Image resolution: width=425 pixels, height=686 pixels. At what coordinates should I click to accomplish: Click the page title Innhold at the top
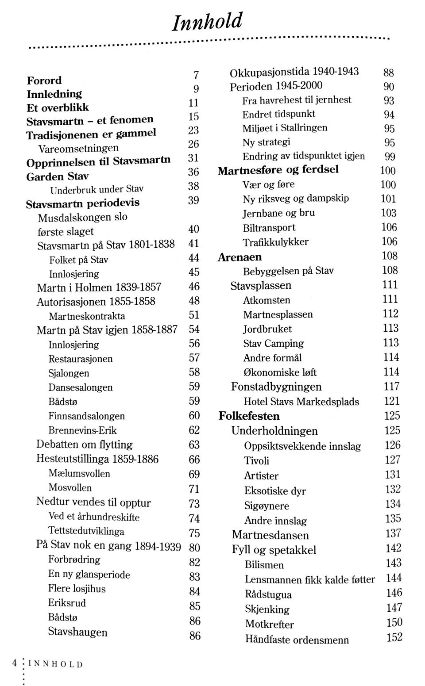207,21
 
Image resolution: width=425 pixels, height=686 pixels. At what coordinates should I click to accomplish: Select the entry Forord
44,80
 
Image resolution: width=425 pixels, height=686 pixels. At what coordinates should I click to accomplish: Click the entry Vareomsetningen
78,148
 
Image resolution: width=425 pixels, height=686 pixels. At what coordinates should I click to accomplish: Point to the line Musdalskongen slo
82,217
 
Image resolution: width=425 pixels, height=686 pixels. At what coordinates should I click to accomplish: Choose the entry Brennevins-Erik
82,430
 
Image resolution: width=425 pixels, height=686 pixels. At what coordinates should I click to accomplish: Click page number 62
194,430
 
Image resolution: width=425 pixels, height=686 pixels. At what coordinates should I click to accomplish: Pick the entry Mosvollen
70,488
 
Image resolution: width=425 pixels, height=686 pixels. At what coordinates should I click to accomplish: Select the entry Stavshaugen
77,632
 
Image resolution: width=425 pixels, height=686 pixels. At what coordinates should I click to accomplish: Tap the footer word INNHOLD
55,664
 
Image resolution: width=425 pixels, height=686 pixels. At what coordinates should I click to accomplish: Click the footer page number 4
15,663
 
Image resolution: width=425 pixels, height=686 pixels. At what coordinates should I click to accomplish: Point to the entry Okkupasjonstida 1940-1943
294,72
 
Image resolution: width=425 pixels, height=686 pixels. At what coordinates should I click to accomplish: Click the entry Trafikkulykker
275,242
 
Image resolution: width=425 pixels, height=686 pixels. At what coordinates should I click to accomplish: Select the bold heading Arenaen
240,257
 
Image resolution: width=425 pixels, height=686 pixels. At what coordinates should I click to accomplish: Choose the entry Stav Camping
273,343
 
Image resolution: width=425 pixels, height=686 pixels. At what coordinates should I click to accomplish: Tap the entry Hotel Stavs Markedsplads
301,402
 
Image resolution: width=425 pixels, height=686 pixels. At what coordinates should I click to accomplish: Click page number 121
392,401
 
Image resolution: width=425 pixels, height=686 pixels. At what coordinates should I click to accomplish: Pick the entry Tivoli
256,461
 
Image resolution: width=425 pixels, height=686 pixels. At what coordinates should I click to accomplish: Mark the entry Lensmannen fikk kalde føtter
309,579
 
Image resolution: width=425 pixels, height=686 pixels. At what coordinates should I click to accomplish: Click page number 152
394,637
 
